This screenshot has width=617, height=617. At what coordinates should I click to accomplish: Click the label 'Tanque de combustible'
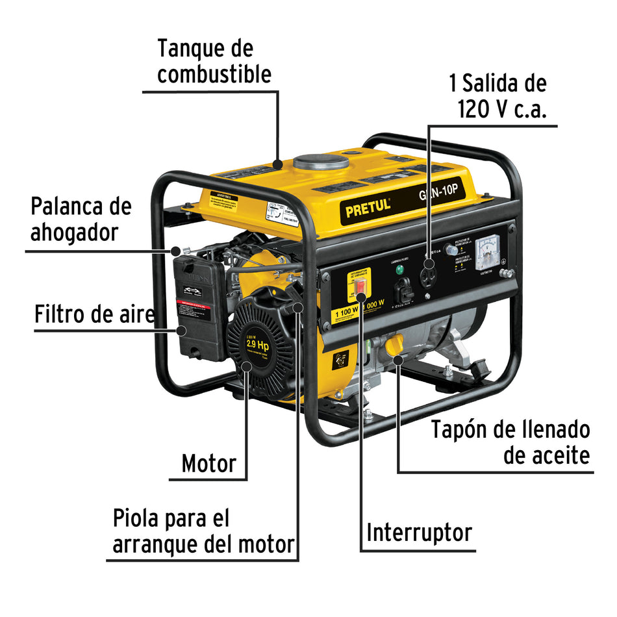[214, 62]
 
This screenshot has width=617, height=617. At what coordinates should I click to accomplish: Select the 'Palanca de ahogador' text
[81, 219]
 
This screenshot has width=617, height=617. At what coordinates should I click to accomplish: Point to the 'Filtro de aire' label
[95, 314]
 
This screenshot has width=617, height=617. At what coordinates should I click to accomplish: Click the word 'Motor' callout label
[208, 463]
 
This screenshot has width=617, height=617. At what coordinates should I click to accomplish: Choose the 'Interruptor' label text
[419, 533]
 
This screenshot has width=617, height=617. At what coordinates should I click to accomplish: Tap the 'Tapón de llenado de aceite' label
[510, 442]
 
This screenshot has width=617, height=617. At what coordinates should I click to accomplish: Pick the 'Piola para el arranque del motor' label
[203, 531]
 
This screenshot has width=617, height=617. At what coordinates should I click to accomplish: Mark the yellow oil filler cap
[394, 346]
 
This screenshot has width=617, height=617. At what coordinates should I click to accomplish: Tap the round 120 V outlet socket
[429, 264]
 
